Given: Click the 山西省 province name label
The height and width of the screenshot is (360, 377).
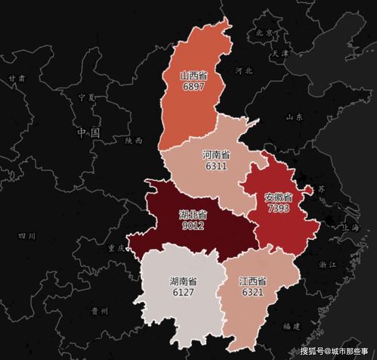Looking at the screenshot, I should (195, 76).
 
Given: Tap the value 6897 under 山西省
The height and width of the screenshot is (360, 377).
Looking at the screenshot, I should (194, 88).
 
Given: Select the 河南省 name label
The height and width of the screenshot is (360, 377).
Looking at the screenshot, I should (216, 154).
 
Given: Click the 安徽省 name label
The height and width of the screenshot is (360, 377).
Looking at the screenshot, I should (278, 197).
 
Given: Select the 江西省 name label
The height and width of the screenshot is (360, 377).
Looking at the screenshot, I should (253, 281).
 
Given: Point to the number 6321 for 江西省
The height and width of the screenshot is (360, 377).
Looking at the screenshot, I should (253, 292).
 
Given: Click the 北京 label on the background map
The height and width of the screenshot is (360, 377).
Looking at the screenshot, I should (264, 33).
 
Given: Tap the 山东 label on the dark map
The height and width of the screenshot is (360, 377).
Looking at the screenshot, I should (295, 117).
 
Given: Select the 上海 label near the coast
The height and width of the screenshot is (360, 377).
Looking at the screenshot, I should (350, 227).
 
